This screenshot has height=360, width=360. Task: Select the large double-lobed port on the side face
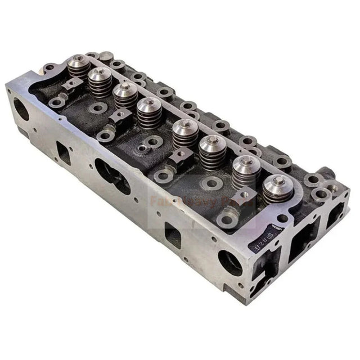(x=112, y=175)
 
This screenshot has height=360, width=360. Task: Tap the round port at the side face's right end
(x=229, y=262)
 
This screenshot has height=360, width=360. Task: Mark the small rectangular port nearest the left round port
(x=64, y=152)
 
